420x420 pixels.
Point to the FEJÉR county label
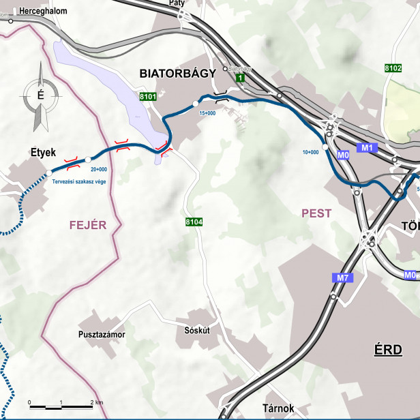coord(88,224)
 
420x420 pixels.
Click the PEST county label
coord(316,213)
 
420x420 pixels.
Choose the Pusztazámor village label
coord(104,336)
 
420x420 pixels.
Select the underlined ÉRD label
coord(387,350)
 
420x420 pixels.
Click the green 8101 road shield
coord(148,97)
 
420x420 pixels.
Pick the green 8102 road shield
coord(393,67)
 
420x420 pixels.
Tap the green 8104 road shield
coord(194,223)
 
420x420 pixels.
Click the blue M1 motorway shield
coord(367,147)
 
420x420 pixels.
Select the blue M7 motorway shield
coord(343,277)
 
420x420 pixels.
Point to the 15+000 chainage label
coord(207,113)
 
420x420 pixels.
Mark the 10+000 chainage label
coord(310,152)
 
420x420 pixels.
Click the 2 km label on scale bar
coord(96,402)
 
